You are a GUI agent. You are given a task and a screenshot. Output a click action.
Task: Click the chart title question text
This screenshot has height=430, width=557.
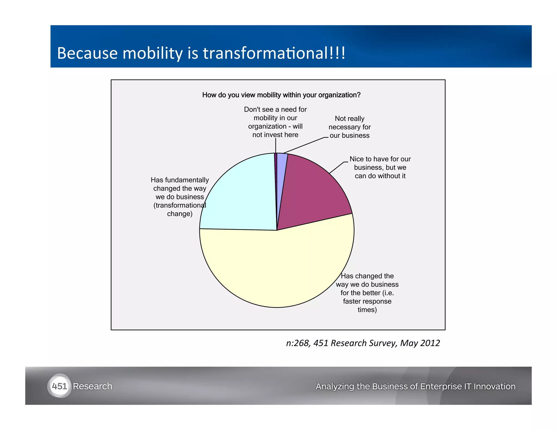(x=281, y=95)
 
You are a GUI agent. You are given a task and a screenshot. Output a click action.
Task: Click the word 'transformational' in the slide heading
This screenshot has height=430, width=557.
(x=265, y=53)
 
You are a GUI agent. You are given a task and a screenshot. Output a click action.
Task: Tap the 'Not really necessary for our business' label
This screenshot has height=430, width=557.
(x=349, y=127)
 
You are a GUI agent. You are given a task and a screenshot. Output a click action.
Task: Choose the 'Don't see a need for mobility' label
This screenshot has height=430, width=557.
(x=275, y=122)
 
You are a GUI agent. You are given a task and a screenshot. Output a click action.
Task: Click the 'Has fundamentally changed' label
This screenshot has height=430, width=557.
(x=180, y=197)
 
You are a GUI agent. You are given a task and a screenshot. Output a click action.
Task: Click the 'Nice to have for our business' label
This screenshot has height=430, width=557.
(x=380, y=167)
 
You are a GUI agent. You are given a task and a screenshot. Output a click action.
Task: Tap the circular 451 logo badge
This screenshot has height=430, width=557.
(x=59, y=386)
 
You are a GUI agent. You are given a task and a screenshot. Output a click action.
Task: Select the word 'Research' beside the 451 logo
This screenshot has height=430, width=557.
(x=92, y=386)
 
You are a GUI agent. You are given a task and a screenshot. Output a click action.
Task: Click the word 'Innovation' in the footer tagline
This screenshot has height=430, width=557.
(x=494, y=386)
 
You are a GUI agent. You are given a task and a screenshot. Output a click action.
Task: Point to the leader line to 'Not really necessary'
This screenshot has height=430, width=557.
(x=304, y=145)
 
